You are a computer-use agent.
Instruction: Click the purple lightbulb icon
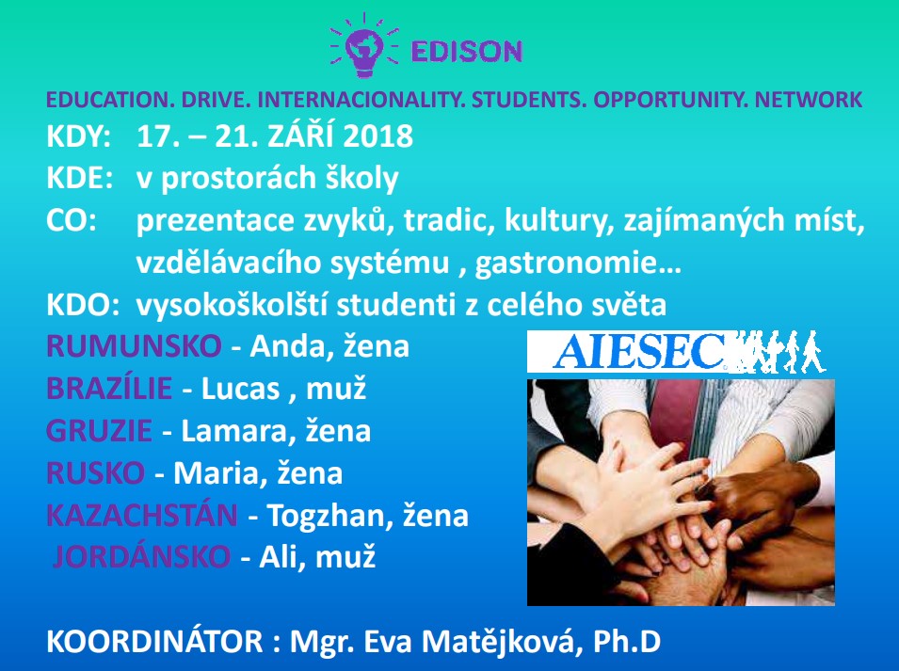(x=364, y=46)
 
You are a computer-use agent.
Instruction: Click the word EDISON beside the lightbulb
(x=467, y=52)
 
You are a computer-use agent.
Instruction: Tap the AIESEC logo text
(x=638, y=351)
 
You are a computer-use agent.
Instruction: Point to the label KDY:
(x=78, y=136)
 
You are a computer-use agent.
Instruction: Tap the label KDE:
(x=80, y=178)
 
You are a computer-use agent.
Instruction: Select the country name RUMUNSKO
(x=134, y=346)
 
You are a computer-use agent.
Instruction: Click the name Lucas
(x=240, y=389)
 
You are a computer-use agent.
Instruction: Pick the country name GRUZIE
(x=99, y=431)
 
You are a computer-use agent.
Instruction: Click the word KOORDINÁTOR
(x=154, y=640)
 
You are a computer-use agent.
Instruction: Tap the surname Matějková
(x=498, y=641)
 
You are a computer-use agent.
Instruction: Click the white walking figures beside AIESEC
(x=777, y=351)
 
